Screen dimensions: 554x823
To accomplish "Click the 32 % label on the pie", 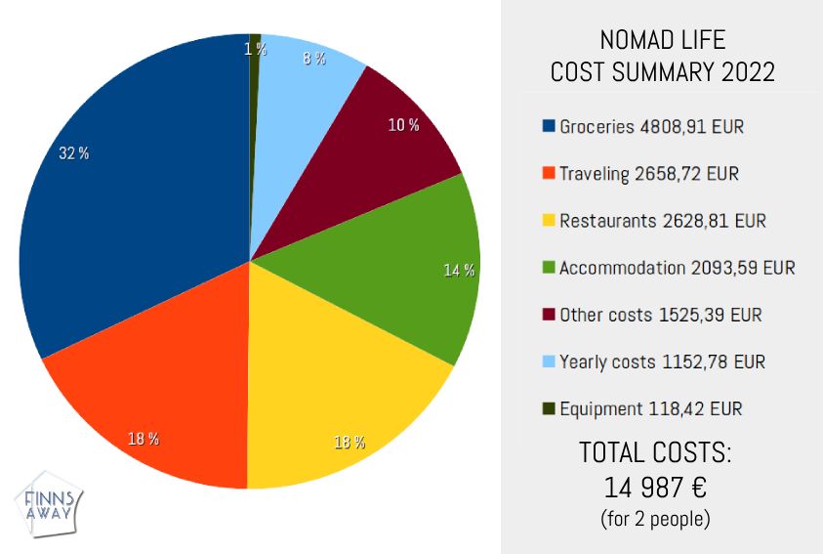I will [x=73, y=153].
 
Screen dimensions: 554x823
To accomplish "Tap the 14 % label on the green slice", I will [x=459, y=271].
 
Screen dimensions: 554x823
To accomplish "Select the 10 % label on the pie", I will [x=404, y=125].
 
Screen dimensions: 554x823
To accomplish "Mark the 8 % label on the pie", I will [x=314, y=59].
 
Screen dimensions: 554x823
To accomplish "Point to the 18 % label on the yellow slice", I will [x=350, y=443].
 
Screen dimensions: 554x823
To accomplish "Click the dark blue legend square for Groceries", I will [x=548, y=126].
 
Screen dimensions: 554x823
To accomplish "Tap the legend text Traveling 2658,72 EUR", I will [x=648, y=174].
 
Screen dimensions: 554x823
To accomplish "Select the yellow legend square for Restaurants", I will [x=548, y=221].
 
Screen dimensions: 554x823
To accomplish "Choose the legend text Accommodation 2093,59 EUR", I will [x=677, y=268].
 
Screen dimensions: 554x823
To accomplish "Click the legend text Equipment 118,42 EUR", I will [x=650, y=409].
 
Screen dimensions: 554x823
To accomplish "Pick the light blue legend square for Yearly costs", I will [x=548, y=362].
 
